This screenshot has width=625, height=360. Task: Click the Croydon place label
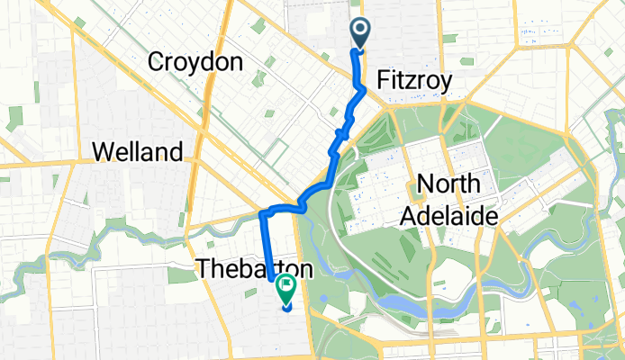point(195,62)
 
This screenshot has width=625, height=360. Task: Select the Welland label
point(138,151)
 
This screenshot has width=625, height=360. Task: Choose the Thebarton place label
point(255,268)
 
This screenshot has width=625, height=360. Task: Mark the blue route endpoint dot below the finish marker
point(286,307)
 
